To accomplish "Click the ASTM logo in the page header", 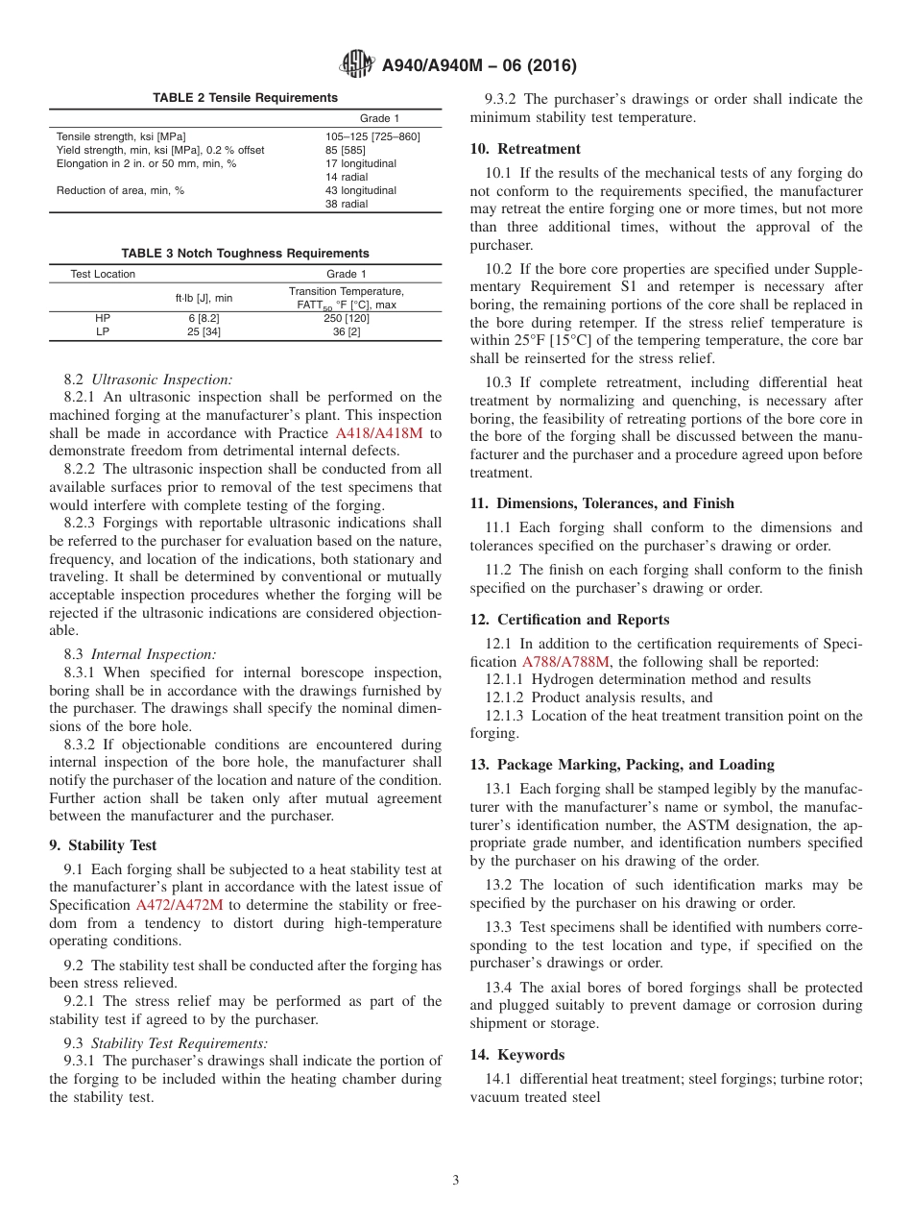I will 357,65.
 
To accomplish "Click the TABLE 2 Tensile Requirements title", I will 246,98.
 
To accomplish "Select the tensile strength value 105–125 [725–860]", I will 372,136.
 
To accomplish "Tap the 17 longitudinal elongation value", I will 360,163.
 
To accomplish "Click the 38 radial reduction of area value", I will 346,204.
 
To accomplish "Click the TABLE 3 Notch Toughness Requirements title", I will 246,254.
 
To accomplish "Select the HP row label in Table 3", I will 103,318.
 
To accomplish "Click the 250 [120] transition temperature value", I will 347,318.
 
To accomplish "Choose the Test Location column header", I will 103,274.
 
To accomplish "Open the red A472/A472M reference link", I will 180,905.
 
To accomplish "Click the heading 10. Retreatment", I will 525,149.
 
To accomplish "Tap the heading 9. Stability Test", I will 103,845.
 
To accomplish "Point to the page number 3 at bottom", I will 456,1181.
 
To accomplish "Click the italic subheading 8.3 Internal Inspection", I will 140,654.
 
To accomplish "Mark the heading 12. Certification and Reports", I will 569,620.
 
